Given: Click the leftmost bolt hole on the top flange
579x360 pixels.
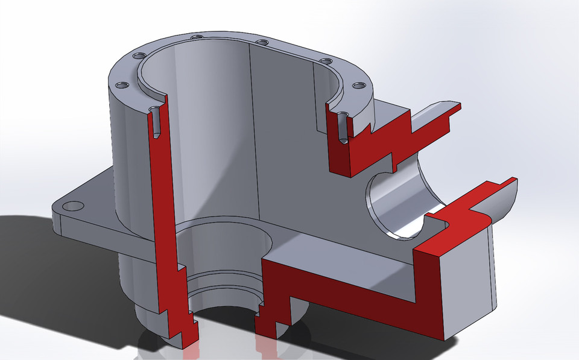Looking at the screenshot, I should [x=123, y=85].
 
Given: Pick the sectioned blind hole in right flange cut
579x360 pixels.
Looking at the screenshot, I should [x=343, y=127].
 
